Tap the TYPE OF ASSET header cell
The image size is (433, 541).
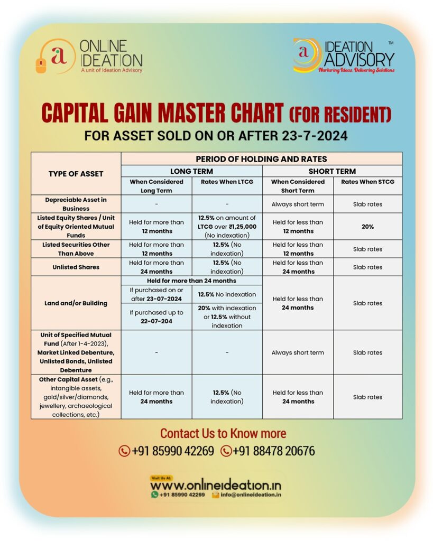[76, 174]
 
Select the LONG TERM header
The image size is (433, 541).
[191, 171]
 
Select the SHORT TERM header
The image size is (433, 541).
[332, 171]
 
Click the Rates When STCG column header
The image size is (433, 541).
[367, 182]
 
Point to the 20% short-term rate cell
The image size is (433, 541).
[367, 227]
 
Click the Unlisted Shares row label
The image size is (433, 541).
[76, 267]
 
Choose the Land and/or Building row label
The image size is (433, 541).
[76, 303]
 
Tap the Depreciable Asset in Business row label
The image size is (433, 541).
[76, 204]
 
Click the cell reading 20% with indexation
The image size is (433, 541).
[227, 316]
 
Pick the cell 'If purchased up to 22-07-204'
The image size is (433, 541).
[156, 316]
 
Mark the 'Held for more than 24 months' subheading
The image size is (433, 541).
[191, 281]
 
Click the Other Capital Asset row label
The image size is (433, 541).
[76, 397]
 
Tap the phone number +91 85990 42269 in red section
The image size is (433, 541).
[167, 451]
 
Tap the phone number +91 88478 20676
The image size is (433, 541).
[268, 451]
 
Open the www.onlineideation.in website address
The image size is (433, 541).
[216, 486]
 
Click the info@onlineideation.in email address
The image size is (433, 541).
[251, 495]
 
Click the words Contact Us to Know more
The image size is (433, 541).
[223, 434]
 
